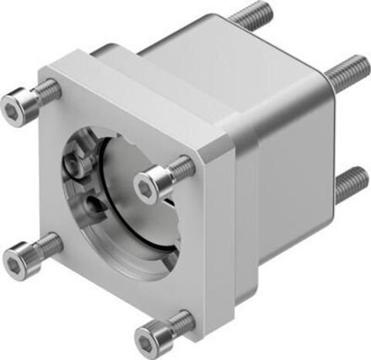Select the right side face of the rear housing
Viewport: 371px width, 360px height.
[291, 169]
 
